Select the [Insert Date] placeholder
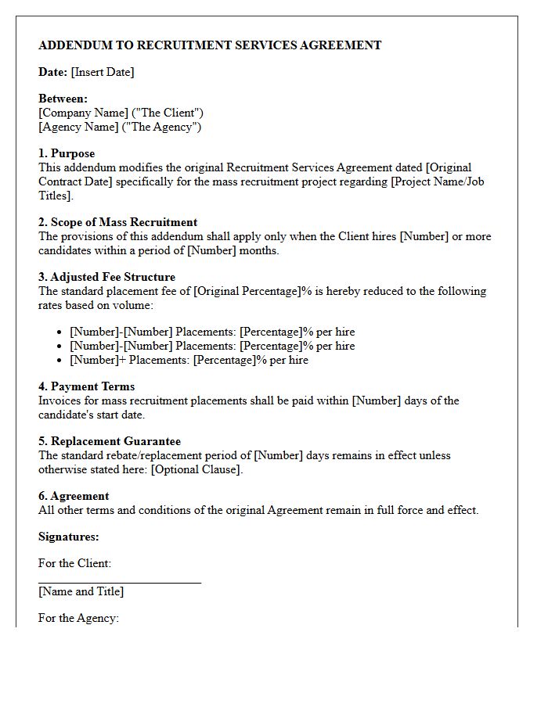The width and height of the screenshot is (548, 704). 103,72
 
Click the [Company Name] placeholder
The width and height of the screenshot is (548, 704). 83,113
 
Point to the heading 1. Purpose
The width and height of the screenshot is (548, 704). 67,153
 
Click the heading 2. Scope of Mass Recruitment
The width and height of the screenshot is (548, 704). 117,222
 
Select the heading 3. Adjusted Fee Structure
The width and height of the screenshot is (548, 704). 106,277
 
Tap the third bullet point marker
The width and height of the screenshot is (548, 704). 59,361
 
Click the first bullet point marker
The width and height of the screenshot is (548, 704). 59,332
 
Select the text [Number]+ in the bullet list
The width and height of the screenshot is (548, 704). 98,360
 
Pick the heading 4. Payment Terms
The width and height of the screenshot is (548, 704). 86,386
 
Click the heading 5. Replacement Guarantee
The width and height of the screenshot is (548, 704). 110,441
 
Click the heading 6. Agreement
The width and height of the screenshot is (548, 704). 74,496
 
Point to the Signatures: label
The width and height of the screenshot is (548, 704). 69,537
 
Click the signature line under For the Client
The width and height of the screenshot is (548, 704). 119,582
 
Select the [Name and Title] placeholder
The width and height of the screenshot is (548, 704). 81,591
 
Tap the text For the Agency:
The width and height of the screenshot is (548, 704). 78,618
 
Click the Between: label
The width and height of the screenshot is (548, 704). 63,99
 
